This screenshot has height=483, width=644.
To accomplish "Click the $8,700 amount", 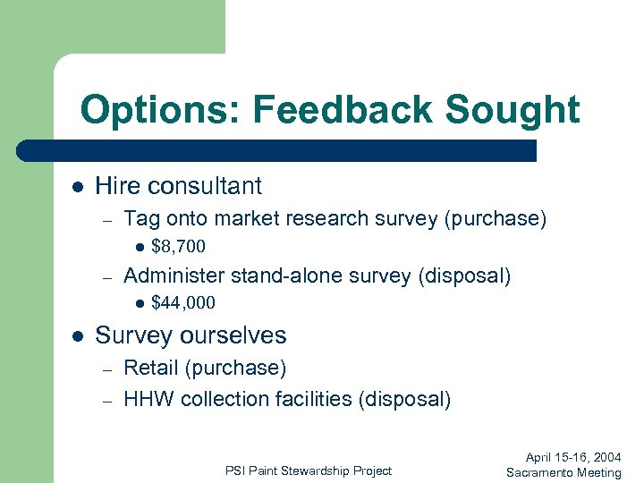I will click(x=178, y=246).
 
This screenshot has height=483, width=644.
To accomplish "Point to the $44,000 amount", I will click(x=182, y=303).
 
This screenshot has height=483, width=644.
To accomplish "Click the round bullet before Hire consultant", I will click(x=78, y=187).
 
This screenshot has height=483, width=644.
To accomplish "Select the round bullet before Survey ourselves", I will click(x=78, y=336).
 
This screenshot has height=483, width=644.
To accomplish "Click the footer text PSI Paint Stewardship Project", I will click(x=309, y=470).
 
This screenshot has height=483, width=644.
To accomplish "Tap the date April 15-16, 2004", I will click(x=572, y=457).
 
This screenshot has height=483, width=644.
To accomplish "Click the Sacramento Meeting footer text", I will click(x=563, y=472).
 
